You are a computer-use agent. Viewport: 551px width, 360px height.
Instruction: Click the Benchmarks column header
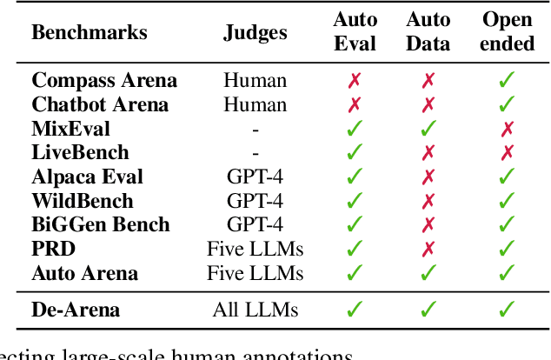(x=90, y=33)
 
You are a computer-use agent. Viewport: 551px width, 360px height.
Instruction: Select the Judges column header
(x=255, y=33)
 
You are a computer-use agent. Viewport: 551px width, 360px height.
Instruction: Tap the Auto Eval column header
(x=355, y=31)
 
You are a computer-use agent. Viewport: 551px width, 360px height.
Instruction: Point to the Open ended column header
(x=508, y=31)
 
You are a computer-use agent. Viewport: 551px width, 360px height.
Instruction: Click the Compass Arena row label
(x=104, y=81)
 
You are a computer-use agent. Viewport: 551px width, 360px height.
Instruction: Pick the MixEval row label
(x=71, y=129)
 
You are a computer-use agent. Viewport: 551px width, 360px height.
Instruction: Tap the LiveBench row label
(x=80, y=153)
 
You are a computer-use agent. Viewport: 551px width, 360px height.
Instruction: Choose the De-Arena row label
(x=76, y=309)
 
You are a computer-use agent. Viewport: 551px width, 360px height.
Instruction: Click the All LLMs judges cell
(x=255, y=309)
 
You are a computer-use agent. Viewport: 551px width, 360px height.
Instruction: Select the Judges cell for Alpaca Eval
(x=255, y=177)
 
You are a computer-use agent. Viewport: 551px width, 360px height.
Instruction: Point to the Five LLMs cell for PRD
(x=255, y=250)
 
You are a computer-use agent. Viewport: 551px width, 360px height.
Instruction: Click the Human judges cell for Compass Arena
(x=255, y=81)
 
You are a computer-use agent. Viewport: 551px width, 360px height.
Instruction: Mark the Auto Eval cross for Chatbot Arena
(x=355, y=105)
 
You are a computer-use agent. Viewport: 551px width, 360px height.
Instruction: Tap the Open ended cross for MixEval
(x=508, y=129)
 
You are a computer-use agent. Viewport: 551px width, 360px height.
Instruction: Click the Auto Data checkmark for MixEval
(x=428, y=129)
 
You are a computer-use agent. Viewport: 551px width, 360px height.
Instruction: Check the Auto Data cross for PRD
(x=428, y=250)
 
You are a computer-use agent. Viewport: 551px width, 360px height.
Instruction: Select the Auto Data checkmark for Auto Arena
(x=428, y=273)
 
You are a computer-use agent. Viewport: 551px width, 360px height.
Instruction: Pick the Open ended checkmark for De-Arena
(x=508, y=309)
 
